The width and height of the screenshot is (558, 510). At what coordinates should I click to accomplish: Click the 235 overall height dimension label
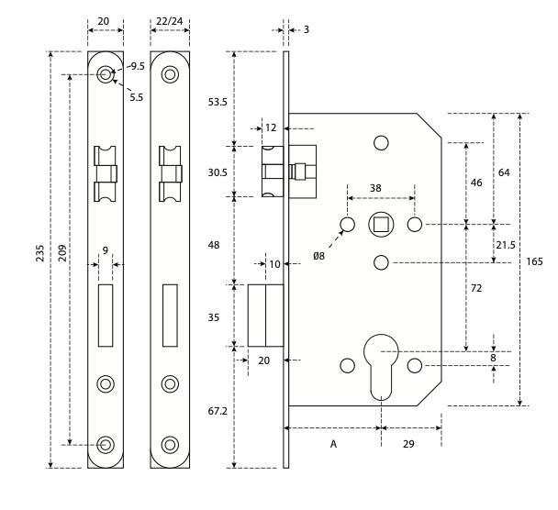39,253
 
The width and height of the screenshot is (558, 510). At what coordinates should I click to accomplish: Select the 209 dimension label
62,253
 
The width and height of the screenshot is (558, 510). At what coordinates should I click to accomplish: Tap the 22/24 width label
170,21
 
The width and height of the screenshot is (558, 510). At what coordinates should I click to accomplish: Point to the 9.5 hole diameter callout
138,66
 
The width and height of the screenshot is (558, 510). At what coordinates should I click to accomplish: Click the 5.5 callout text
137,97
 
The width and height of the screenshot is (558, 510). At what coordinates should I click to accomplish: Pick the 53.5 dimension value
218,103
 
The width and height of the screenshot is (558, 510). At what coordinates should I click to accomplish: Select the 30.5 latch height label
218,172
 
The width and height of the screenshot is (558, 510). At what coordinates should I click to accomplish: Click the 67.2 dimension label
218,412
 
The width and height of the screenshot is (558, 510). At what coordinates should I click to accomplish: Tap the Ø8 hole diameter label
318,256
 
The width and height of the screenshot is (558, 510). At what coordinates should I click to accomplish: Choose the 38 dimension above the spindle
375,188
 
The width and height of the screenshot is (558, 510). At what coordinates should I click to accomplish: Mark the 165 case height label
534,261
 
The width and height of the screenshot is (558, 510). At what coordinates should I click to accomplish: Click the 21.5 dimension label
506,245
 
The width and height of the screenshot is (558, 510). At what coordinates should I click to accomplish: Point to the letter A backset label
333,444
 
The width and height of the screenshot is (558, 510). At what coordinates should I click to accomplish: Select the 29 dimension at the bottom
408,444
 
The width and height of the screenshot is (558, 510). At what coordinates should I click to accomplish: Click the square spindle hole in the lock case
381,225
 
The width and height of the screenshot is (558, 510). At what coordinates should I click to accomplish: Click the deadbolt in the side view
266,316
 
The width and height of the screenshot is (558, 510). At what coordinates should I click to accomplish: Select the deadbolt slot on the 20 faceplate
106,316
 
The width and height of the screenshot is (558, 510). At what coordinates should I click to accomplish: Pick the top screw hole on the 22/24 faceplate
170,74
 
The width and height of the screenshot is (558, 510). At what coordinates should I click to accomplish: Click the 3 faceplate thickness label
307,30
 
